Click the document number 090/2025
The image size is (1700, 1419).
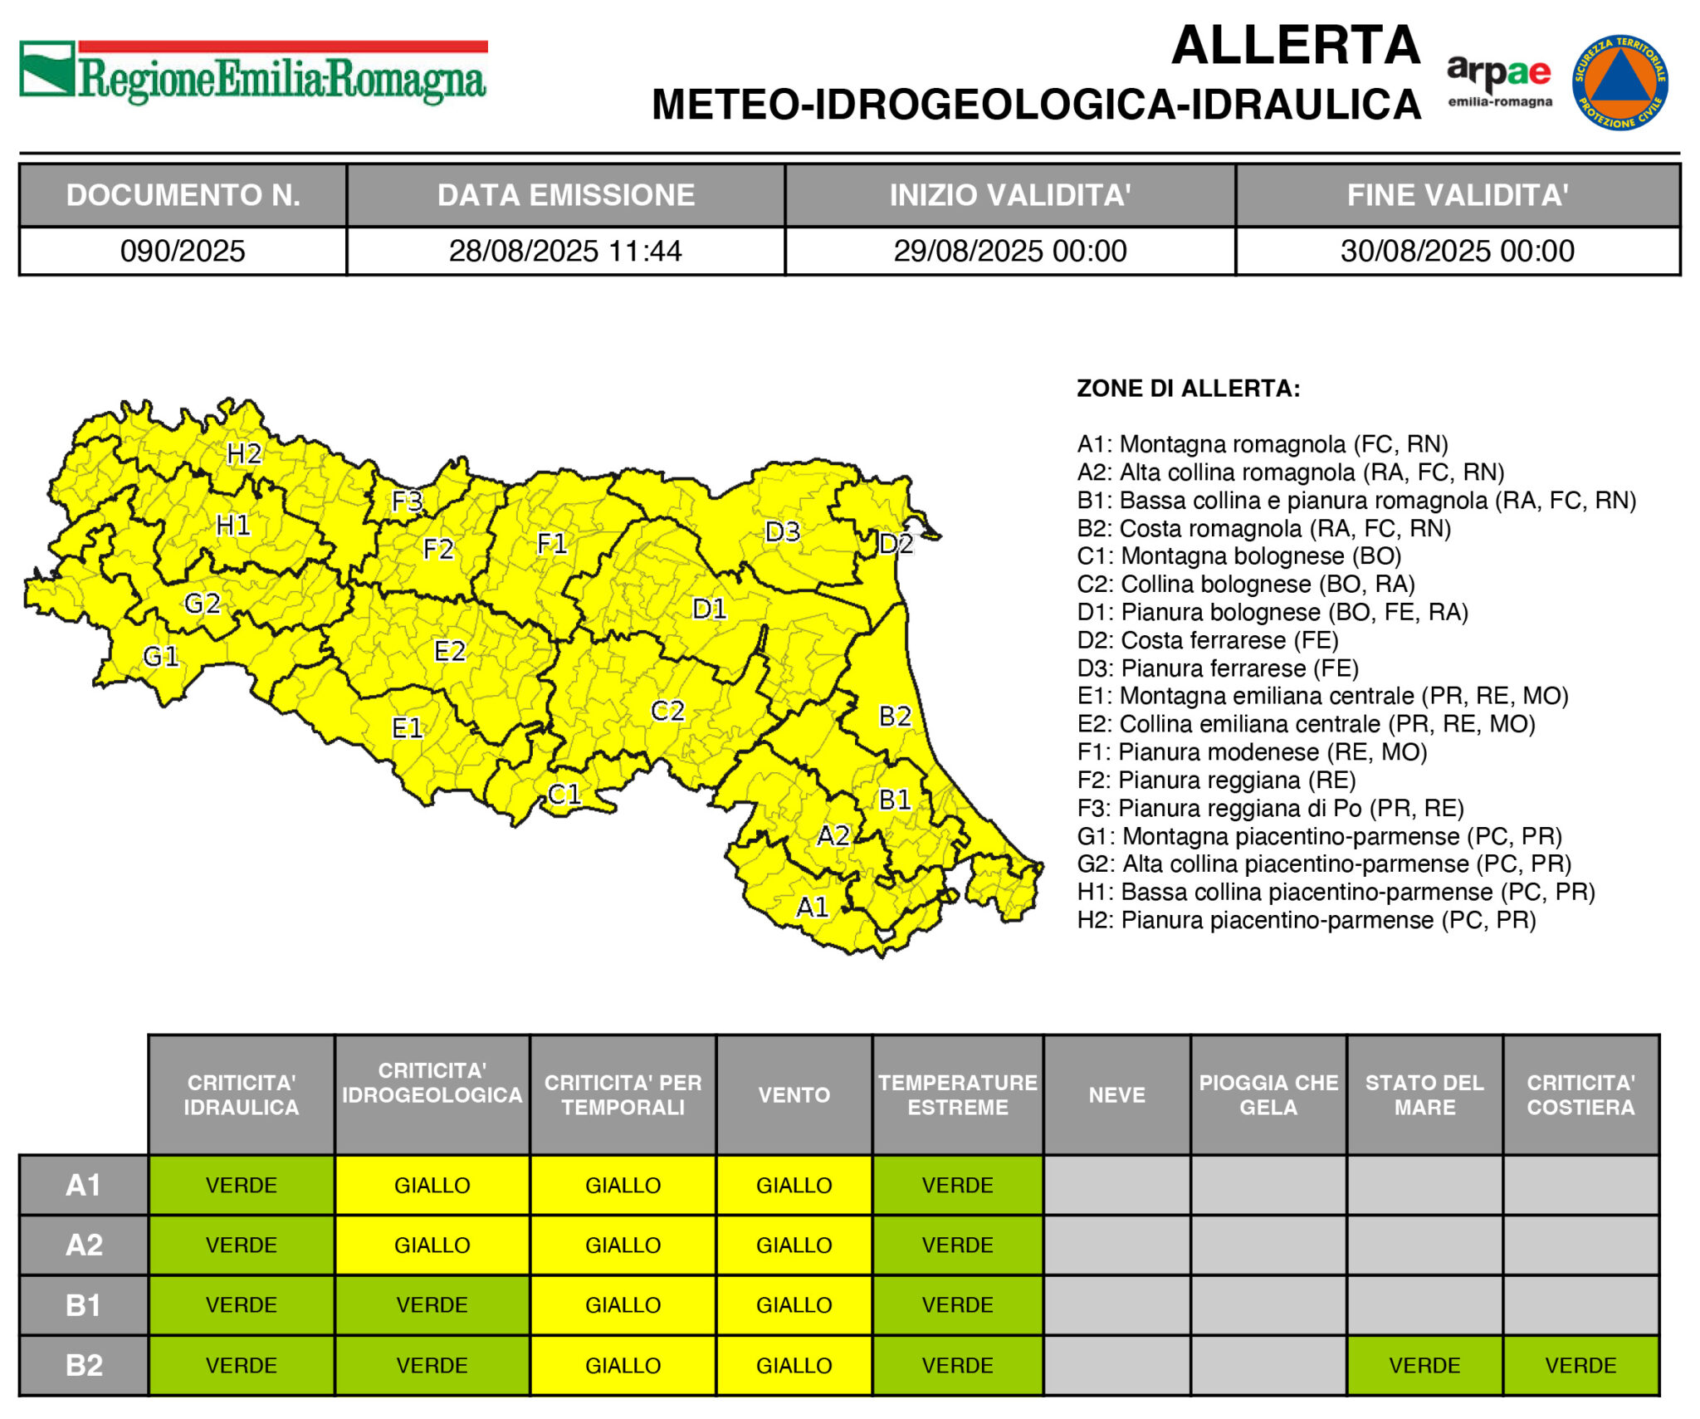[183, 251]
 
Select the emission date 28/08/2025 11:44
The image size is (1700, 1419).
[565, 251]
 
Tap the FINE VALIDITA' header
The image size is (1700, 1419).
[1457, 195]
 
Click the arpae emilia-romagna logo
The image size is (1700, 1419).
[1499, 81]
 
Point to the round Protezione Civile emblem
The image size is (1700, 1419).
[1619, 82]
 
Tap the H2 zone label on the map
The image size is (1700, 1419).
[244, 453]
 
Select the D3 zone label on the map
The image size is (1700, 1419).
[782, 531]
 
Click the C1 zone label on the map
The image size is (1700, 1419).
[564, 795]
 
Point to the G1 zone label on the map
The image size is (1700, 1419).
[161, 657]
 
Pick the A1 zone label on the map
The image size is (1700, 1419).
[813, 907]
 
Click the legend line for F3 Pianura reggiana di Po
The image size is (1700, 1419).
[1270, 808]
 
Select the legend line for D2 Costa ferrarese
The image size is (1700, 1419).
[1208, 640]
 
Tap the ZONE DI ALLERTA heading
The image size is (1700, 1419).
[1188, 389]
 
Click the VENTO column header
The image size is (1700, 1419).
[794, 1094]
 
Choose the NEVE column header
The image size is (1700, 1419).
[1116, 1094]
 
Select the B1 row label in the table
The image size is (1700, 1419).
[84, 1305]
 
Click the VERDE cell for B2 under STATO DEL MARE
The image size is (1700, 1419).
[1424, 1365]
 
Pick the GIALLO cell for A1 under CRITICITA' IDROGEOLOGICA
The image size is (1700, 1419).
[432, 1185]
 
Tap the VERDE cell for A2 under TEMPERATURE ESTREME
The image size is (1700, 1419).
[957, 1245]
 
